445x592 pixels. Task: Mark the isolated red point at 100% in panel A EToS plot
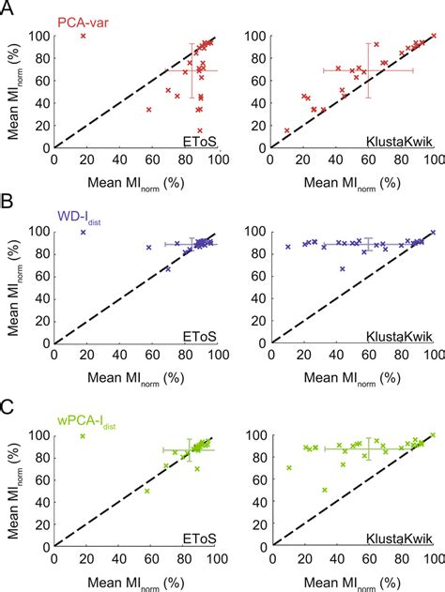click(x=84, y=36)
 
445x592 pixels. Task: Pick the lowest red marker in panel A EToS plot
click(x=199, y=130)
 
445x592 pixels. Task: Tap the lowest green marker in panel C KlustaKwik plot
click(x=325, y=490)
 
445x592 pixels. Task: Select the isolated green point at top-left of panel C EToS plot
click(x=84, y=436)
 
